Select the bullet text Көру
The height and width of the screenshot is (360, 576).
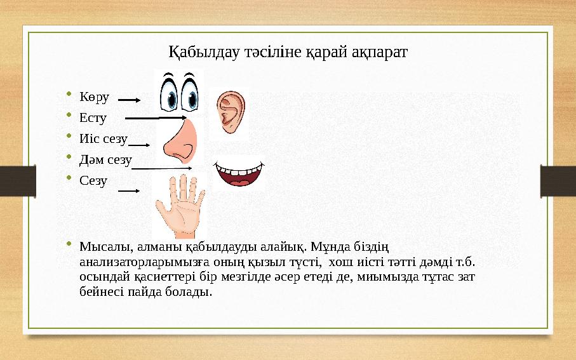94,97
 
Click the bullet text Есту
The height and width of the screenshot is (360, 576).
93,117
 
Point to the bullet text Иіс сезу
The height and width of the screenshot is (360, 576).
104,138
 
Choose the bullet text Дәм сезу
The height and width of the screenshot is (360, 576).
105,159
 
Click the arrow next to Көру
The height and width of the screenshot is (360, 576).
130,100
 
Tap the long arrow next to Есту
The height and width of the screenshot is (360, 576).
156,117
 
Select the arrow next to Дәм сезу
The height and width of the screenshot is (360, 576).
163,168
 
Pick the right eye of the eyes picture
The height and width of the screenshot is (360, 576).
191,93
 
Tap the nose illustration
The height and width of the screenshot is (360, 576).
180,143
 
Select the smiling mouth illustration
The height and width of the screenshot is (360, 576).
239,173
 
